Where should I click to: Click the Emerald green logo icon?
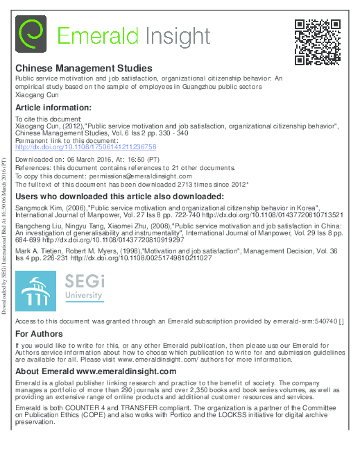tap(31, 35)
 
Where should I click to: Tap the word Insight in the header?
tap(177, 35)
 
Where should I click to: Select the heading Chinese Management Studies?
tap(83, 69)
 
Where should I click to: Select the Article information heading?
tap(53, 108)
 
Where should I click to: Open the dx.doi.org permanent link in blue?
tap(86, 147)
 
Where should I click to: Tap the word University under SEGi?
tap(85, 296)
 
